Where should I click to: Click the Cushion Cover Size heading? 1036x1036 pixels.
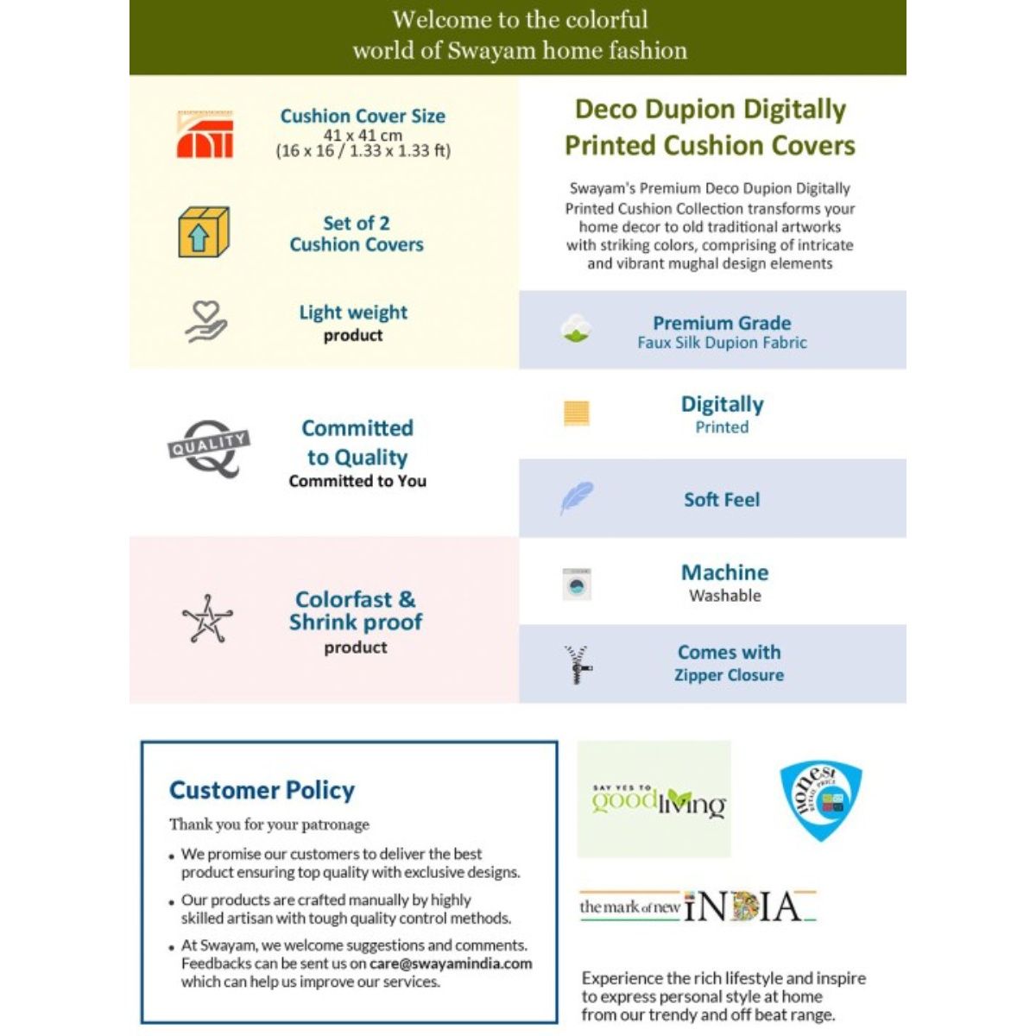pos(363,116)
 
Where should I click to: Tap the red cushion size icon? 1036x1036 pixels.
pos(205,135)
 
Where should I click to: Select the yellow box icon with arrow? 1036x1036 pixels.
pos(203,232)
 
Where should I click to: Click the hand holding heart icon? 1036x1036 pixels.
pos(206,322)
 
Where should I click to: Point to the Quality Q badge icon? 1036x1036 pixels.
pos(208,447)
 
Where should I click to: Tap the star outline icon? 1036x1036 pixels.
pos(207,619)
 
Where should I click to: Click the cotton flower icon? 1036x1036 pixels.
pos(575,329)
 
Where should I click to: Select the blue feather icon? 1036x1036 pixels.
pos(576,498)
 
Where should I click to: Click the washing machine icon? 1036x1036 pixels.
pos(577,584)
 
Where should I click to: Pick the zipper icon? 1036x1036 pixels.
pos(578,664)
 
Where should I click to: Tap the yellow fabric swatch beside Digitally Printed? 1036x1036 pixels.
pos(576,413)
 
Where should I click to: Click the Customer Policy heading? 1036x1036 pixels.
pos(262,790)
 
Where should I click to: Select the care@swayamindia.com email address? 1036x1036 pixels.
pos(451,963)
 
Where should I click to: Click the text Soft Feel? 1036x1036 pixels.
pos(722,500)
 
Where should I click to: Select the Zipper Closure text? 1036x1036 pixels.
pos(729,675)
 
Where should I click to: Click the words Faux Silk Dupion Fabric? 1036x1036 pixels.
pos(722,343)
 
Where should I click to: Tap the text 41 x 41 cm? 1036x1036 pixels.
pos(363,135)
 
